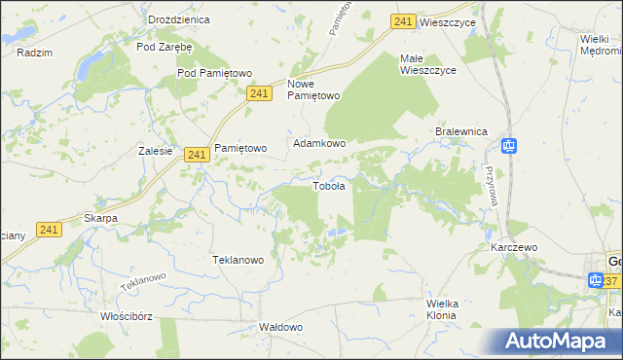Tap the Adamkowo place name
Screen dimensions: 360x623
pyautogui.click(x=320, y=143)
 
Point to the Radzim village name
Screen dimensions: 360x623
pyautogui.click(x=34, y=54)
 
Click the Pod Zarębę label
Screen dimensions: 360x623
pyautogui.click(x=165, y=46)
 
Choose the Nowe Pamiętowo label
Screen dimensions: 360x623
pyautogui.click(x=313, y=90)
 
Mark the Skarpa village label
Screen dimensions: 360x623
pyautogui.click(x=100, y=218)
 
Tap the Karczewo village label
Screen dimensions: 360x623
pyautogui.click(x=515, y=248)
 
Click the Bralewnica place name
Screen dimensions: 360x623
pyautogui.click(x=460, y=133)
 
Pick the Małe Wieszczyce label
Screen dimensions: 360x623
pyautogui.click(x=425, y=64)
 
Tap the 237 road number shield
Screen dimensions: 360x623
pyautogui.click(x=610, y=281)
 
